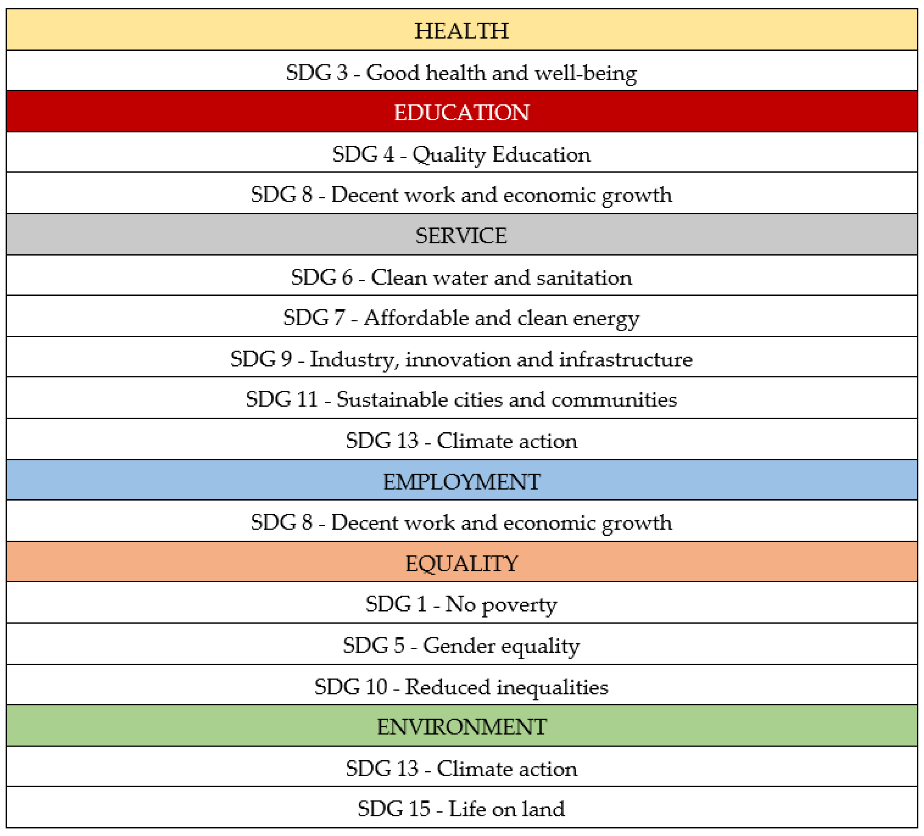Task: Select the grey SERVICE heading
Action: tap(462, 236)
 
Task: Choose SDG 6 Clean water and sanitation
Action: tap(462, 277)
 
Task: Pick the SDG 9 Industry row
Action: tap(462, 359)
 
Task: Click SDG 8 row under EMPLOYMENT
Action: tap(462, 522)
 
